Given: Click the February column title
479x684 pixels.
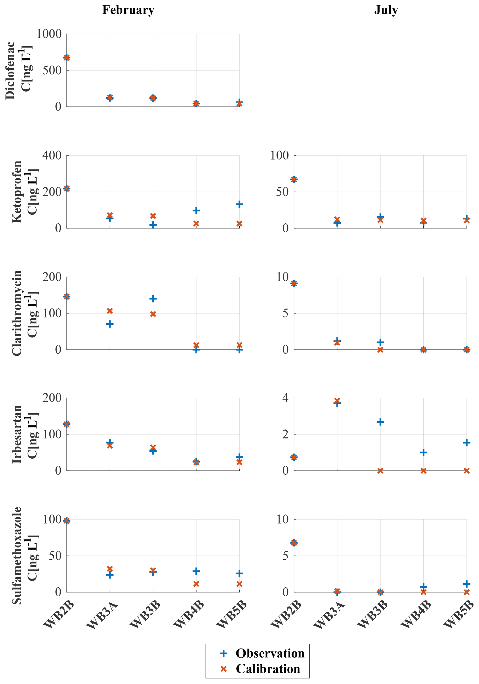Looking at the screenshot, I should [x=128, y=10].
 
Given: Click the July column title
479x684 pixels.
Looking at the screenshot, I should [x=386, y=10].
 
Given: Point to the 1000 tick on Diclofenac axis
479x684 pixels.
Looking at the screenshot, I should [x=49, y=34].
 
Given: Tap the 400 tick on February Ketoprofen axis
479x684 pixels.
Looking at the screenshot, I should [x=52, y=155].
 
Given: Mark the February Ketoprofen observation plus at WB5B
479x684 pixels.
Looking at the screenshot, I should [x=239, y=204].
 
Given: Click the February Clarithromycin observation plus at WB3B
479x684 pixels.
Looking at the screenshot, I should [x=153, y=298].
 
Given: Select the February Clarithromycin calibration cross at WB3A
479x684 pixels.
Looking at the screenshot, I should [x=110, y=311].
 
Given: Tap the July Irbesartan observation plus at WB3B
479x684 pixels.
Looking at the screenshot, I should [x=380, y=422].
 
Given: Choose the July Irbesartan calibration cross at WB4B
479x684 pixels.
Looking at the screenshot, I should [x=423, y=471].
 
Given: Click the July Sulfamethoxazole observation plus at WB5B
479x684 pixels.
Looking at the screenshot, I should [x=466, y=584].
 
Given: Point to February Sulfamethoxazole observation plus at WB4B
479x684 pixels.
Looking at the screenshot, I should [x=196, y=571].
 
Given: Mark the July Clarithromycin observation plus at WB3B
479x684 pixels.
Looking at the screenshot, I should [x=380, y=342].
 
